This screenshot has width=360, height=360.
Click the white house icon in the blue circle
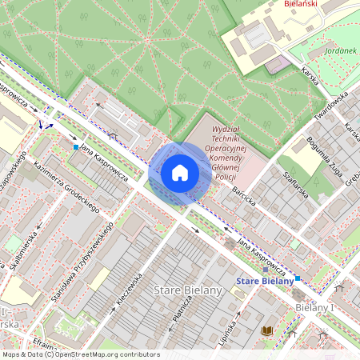point(180,173)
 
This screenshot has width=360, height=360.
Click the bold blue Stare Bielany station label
point(266,281)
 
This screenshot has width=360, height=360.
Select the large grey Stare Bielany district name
point(187,290)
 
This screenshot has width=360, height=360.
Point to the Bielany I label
point(314,307)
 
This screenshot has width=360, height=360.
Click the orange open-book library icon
point(267,331)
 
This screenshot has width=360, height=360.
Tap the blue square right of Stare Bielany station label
point(297,278)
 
